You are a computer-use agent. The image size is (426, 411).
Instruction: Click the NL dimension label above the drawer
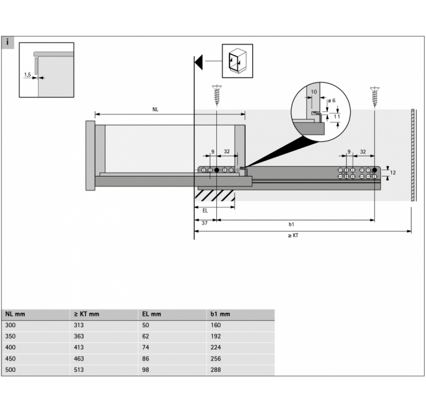pos(155,109)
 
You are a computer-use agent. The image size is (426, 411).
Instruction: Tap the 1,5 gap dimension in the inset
pos(27,75)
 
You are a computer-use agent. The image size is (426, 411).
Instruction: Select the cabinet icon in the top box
pos(237,60)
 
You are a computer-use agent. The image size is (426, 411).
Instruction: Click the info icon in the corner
pos(8,43)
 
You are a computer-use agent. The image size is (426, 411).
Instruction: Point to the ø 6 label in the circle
pos(331,101)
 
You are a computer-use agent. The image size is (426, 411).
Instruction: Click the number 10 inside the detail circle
pos(314,92)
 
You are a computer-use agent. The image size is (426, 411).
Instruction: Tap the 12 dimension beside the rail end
pos(393,173)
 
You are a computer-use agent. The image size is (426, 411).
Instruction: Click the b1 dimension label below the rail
pos(291,224)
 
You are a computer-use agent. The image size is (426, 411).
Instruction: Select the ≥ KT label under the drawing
pos(293,236)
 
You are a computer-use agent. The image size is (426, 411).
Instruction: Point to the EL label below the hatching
pos(205,211)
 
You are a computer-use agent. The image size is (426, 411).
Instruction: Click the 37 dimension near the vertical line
pos(205,223)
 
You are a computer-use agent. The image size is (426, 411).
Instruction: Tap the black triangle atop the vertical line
pos(199,62)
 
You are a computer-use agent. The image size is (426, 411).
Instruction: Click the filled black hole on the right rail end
pos(374,170)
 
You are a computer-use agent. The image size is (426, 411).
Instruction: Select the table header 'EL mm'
pos(152,314)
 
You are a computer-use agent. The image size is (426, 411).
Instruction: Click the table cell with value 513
pos(79,370)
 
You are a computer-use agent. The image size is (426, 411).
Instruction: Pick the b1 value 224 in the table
pos(216,348)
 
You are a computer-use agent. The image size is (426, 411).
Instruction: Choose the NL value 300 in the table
pos(10,325)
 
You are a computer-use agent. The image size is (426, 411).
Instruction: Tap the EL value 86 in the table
pos(146,359)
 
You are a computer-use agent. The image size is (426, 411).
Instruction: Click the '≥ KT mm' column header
pos(86,314)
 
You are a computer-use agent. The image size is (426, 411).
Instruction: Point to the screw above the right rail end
pos(374,97)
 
